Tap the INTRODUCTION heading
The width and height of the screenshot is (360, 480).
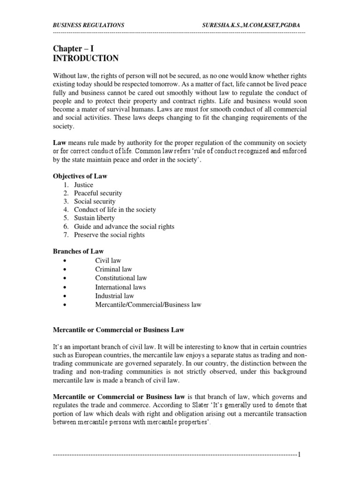(x=85, y=59)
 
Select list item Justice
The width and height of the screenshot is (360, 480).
(x=84, y=185)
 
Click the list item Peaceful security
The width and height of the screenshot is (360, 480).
(x=98, y=193)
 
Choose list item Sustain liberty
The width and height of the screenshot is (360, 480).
(x=94, y=218)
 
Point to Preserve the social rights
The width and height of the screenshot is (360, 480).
(x=110, y=235)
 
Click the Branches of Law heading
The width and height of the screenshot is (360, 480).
(x=78, y=252)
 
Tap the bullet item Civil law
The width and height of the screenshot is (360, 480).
(x=108, y=260)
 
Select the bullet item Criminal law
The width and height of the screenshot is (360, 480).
(x=113, y=269)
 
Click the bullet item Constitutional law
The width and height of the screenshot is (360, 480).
(x=121, y=278)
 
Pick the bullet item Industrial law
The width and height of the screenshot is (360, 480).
(x=114, y=296)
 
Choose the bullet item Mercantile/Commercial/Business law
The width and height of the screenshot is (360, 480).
(x=148, y=305)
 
